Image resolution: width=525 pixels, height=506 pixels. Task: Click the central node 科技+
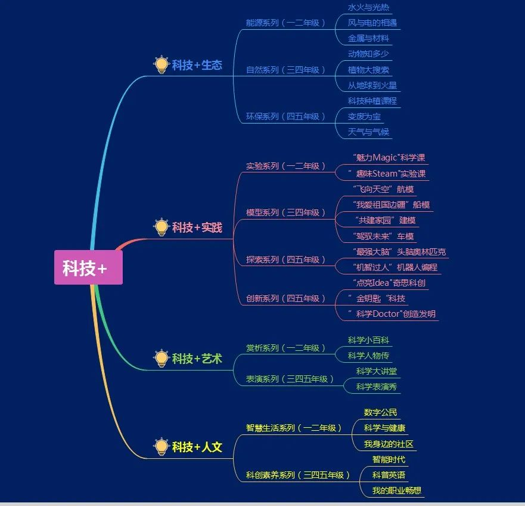click(x=88, y=268)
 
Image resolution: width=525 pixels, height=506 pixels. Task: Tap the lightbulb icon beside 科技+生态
click(x=161, y=64)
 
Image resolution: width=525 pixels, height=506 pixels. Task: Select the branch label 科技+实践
click(x=197, y=227)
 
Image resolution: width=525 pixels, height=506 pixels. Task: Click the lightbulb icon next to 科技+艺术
click(x=161, y=358)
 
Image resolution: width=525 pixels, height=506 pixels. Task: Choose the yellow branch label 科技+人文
click(x=197, y=446)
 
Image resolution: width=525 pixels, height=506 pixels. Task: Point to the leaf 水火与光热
click(x=369, y=8)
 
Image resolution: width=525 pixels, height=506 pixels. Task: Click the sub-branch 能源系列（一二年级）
click(x=286, y=23)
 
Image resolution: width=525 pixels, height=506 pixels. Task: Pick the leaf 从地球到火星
click(x=372, y=85)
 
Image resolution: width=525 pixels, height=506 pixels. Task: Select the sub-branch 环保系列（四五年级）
click(x=286, y=116)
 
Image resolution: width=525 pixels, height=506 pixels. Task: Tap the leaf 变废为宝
click(x=364, y=116)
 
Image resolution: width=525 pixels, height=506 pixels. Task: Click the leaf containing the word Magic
click(x=389, y=158)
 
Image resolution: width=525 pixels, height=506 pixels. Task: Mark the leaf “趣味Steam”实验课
click(x=389, y=174)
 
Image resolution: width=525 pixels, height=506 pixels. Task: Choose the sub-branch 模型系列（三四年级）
click(x=286, y=212)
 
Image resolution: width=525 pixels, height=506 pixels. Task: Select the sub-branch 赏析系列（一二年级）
click(x=286, y=348)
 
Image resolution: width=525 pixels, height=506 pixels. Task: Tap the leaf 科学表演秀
click(x=377, y=387)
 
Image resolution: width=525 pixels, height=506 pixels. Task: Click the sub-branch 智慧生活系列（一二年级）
click(x=294, y=428)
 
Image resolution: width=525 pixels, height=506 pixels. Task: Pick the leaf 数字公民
click(x=380, y=412)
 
